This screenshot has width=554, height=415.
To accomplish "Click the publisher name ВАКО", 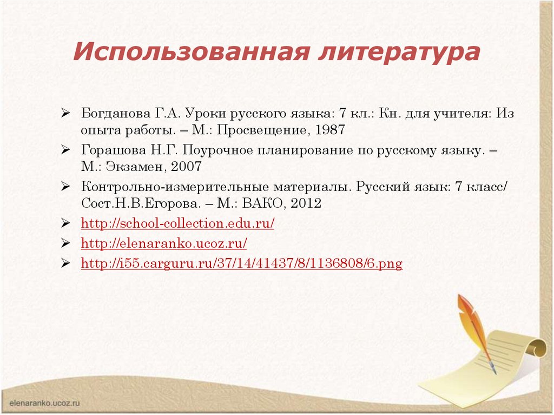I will coord(262,204).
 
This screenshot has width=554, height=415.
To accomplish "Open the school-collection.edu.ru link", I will coord(177,224).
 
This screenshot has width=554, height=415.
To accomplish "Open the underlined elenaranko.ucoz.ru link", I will coord(164,244).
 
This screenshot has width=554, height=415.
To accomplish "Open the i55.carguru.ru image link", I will coord(241,264).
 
